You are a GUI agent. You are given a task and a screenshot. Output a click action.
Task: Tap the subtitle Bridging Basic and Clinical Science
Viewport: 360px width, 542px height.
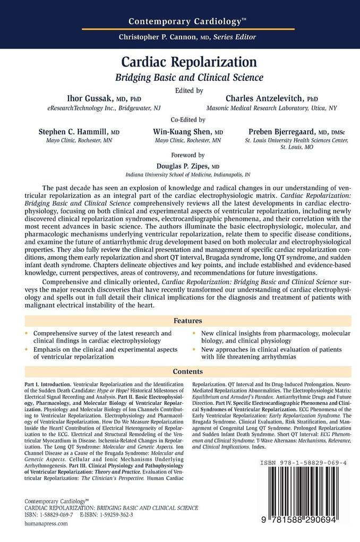[x=190, y=78]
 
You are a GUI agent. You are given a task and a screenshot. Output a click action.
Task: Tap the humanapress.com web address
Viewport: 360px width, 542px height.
[x=47, y=523]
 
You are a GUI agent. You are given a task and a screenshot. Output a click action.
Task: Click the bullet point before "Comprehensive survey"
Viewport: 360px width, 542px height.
[x=28, y=333]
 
